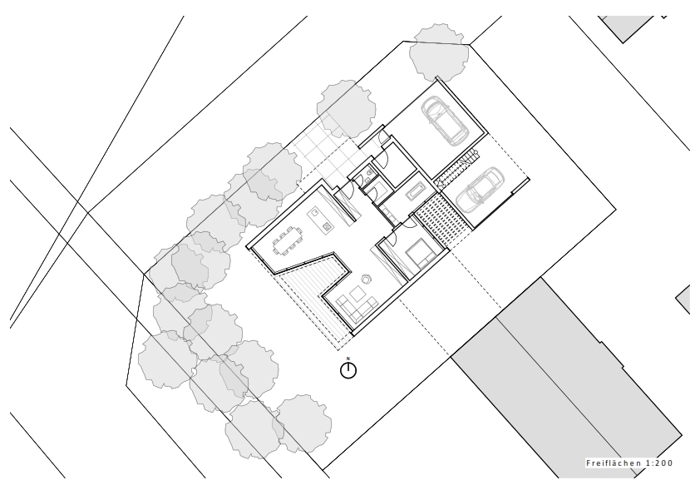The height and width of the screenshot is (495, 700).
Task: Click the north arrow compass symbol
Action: [348, 370]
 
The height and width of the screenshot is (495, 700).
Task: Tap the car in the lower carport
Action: [480, 188]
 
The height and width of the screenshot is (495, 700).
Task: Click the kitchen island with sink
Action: [319, 219]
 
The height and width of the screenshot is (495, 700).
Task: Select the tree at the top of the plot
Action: [441, 51]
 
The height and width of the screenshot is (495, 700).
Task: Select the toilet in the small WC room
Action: [366, 176]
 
